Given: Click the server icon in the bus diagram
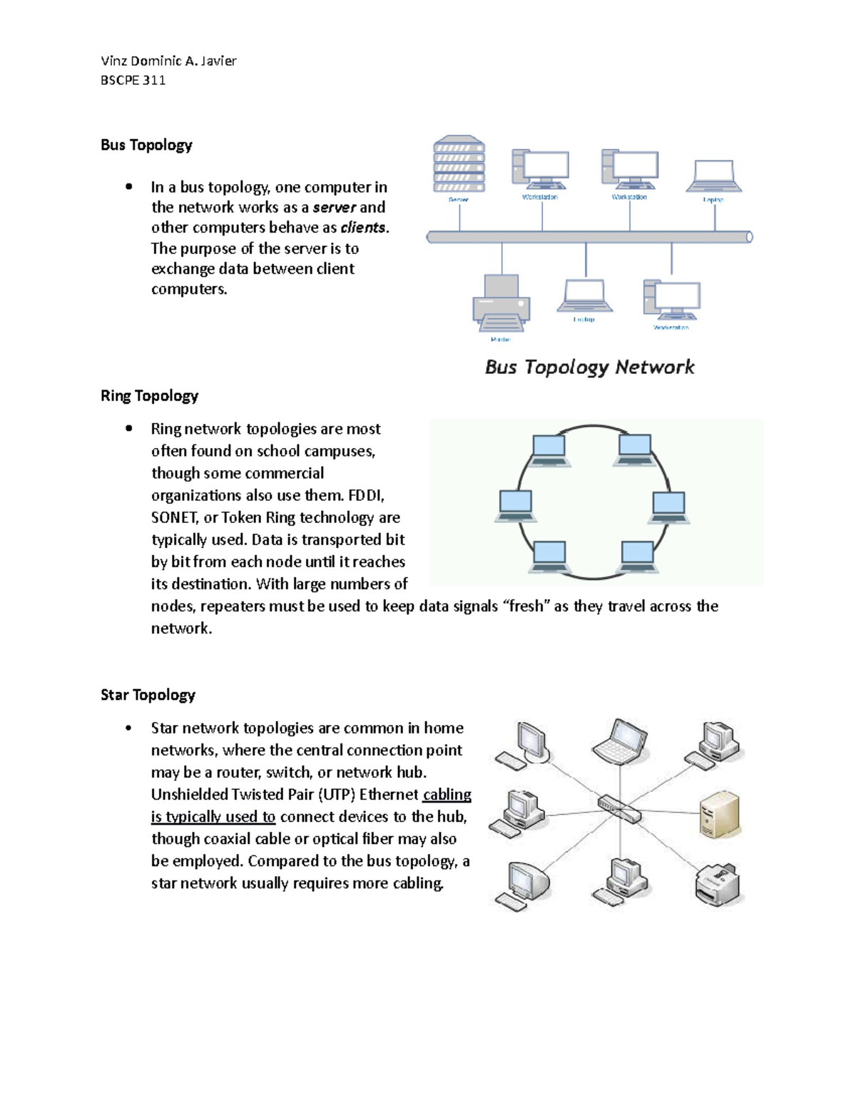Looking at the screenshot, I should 459,164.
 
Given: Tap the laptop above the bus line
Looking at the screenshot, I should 713,176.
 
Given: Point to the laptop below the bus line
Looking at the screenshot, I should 584,296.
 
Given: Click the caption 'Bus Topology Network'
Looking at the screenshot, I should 589,367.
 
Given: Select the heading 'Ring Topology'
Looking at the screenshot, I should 149,396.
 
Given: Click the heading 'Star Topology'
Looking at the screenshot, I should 148,695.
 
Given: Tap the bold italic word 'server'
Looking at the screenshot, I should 334,208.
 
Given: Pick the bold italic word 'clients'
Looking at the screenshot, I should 363,228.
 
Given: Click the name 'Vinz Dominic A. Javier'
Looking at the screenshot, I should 168,61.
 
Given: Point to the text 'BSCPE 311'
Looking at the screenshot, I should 133,81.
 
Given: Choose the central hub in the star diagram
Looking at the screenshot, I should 618,808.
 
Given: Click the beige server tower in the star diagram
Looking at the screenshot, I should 719,814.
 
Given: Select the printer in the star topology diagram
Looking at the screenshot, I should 718,885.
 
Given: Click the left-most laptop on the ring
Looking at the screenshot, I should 515,505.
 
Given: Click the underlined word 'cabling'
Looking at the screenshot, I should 447,795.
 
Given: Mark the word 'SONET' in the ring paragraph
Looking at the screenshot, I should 173,518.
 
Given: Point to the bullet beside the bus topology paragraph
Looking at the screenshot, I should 128,187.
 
